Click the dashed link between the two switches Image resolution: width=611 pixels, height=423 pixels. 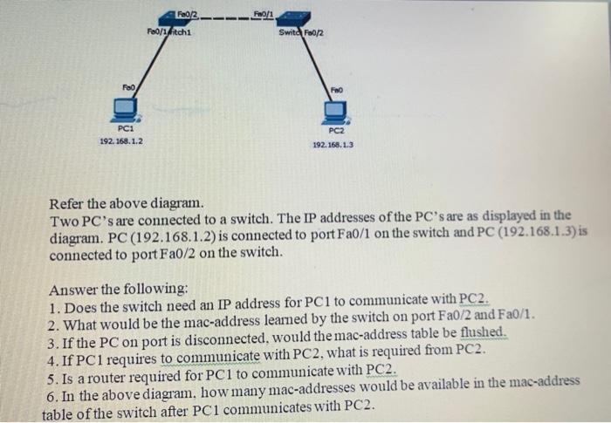click(231, 17)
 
